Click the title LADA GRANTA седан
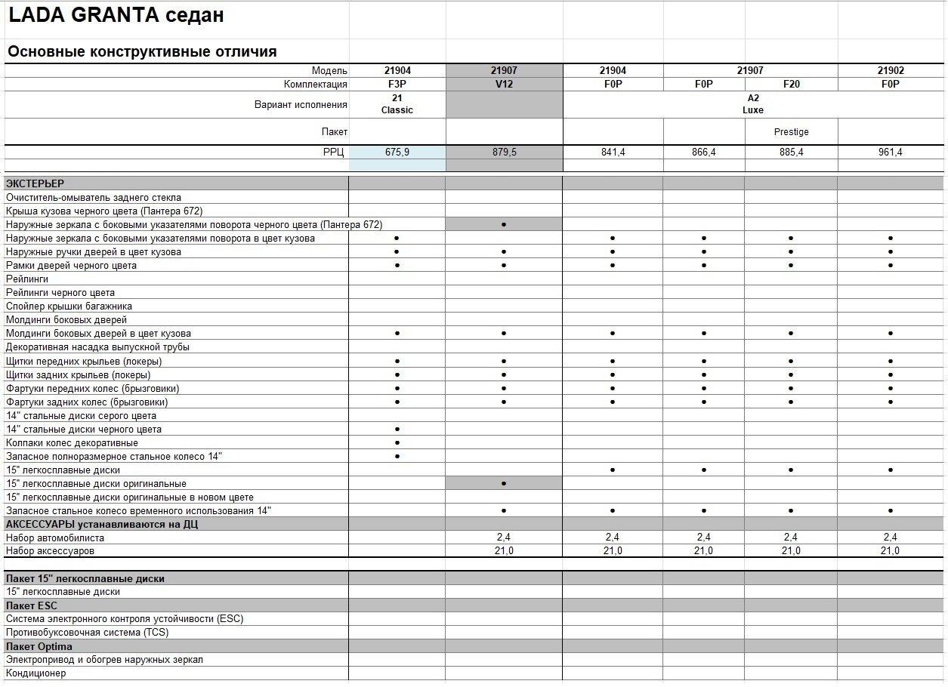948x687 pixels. pyautogui.click(x=116, y=16)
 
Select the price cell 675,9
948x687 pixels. pyautogui.click(x=397, y=152)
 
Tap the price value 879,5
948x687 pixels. pyautogui.click(x=504, y=152)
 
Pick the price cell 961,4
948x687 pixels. pyautogui.click(x=891, y=152)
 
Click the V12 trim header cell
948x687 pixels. pyautogui.click(x=504, y=84)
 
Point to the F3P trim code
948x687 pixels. pyautogui.click(x=397, y=84)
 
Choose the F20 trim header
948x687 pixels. pyautogui.click(x=791, y=84)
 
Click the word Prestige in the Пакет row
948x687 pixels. pyautogui.click(x=791, y=132)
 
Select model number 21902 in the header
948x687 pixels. pyautogui.click(x=891, y=70)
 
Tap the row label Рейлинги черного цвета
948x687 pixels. pyautogui.click(x=60, y=292)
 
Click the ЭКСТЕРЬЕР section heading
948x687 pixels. pyautogui.click(x=35, y=183)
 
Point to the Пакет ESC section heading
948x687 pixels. pyautogui.click(x=31, y=605)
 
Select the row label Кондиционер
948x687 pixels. pyautogui.click(x=36, y=673)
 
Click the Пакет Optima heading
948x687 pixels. pyautogui.click(x=39, y=646)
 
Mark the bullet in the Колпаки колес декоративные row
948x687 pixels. pyautogui.click(x=397, y=443)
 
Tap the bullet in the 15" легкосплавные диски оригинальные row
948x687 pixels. pyautogui.click(x=504, y=484)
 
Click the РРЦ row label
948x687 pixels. pyautogui.click(x=333, y=152)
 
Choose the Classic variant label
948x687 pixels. pyautogui.click(x=397, y=110)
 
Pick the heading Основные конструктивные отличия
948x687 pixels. pyautogui.click(x=142, y=52)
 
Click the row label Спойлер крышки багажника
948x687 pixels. pyautogui.click(x=69, y=306)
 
